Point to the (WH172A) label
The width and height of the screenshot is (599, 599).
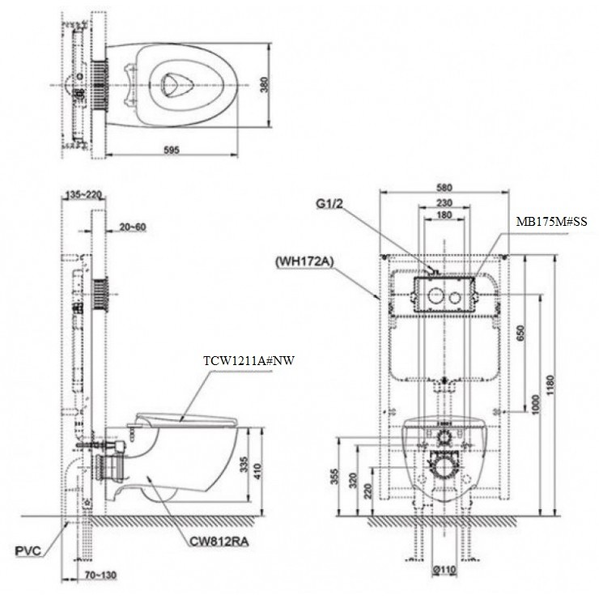pyautogui.click(x=305, y=261)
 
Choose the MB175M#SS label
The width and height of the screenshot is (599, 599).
pyautogui.click(x=550, y=220)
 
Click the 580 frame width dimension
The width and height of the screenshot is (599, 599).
pyautogui.click(x=444, y=188)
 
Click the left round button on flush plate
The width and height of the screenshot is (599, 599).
pyautogui.click(x=434, y=293)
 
